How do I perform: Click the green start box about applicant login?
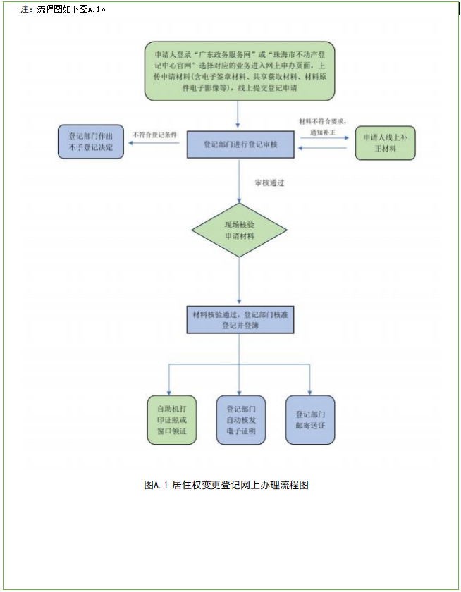click(240, 71)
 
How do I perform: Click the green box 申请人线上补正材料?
click(385, 143)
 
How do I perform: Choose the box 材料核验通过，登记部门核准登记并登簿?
click(240, 320)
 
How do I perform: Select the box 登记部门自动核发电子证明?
click(240, 420)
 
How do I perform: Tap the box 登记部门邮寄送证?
click(310, 420)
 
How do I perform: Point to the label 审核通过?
click(269, 183)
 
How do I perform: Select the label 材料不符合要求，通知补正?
click(323, 126)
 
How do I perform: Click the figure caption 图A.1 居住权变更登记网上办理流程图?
click(226, 485)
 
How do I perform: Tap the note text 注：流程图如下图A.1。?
click(63, 9)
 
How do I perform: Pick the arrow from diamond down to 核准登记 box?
click(240, 282)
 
